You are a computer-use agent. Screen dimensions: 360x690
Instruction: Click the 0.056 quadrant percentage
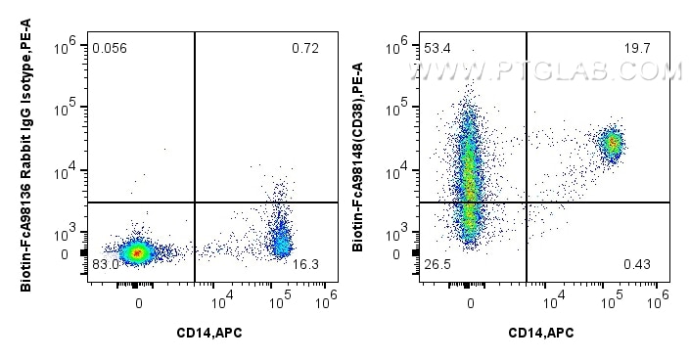109,47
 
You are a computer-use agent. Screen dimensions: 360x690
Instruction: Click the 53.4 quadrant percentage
435,47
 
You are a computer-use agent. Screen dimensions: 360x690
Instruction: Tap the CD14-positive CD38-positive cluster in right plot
613,144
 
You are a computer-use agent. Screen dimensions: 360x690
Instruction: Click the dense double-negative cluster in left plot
138,252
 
